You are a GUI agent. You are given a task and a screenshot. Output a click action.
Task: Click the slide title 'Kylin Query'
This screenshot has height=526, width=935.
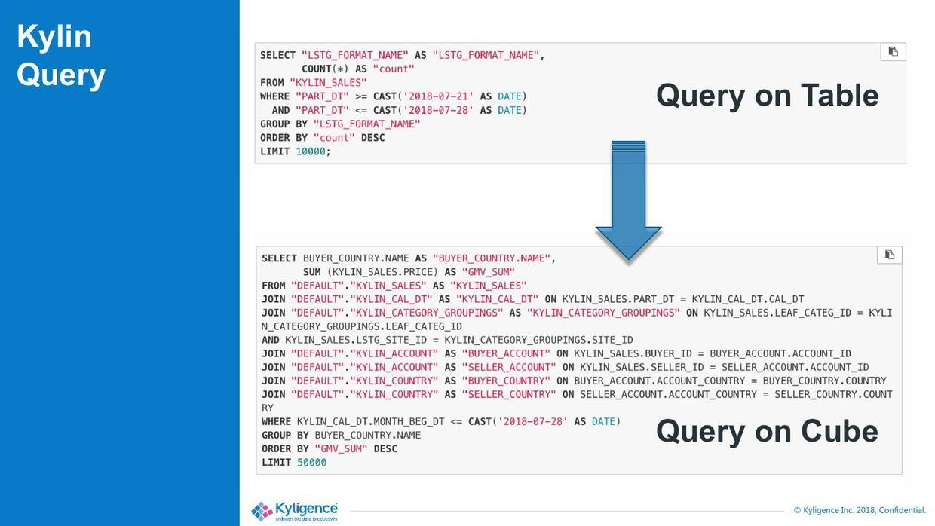pyautogui.click(x=61, y=56)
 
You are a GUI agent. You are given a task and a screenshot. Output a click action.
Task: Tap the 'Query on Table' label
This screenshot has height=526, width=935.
pyautogui.click(x=767, y=96)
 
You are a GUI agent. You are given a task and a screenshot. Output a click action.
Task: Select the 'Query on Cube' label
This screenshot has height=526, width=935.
pyautogui.click(x=767, y=431)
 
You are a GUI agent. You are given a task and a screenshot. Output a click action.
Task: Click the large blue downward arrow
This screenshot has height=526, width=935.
pyautogui.click(x=628, y=200)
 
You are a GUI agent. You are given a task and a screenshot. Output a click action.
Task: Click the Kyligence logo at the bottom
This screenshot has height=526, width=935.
pyautogui.click(x=295, y=511)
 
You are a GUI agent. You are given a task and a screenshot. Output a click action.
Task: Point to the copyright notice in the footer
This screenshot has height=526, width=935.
pyautogui.click(x=859, y=510)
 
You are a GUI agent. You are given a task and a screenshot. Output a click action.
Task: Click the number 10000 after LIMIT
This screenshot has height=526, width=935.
pyautogui.click(x=311, y=151)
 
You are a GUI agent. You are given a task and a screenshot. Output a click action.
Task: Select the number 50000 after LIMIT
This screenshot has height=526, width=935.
pyautogui.click(x=311, y=463)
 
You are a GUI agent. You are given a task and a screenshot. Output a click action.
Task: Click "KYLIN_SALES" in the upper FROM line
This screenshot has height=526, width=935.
pyautogui.click(x=328, y=83)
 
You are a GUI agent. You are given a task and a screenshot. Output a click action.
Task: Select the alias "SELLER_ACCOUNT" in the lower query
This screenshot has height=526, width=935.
pyautogui.click(x=508, y=368)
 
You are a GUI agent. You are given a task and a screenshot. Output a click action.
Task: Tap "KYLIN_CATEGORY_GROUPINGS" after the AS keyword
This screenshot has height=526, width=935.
pyautogui.click(x=603, y=313)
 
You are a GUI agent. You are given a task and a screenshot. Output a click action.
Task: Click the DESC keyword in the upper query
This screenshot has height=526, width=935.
pyautogui.click(x=372, y=138)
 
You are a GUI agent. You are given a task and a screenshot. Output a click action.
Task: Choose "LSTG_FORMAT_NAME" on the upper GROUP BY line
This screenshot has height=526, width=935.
pyautogui.click(x=366, y=124)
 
